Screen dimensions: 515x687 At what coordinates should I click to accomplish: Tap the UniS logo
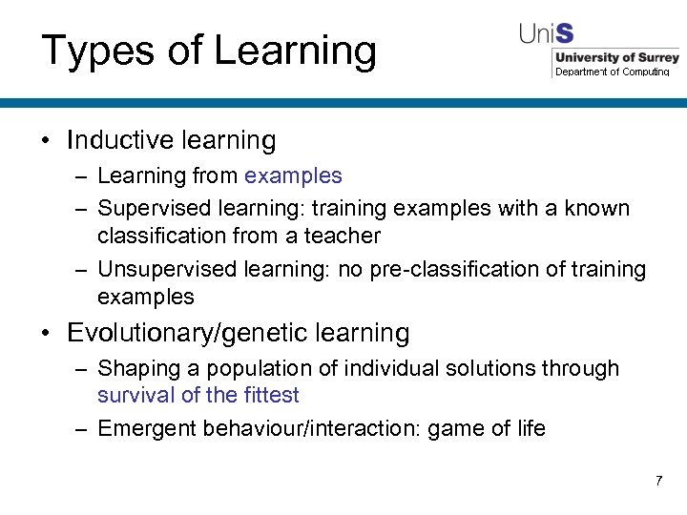coord(547,33)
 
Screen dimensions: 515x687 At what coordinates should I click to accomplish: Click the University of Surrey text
coord(616,57)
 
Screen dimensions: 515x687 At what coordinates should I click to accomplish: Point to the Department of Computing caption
coord(613,72)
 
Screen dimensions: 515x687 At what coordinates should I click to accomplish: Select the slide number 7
coord(658,481)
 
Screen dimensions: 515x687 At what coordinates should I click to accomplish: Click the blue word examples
coord(293,175)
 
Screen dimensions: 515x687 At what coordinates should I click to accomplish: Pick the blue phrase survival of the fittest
coord(198,395)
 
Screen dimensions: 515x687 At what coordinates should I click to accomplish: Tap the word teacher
coord(343,236)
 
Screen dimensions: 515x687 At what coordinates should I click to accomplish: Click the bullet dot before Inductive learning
coord(46,141)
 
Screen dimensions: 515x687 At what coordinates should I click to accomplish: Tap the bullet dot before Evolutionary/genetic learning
coord(46,334)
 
